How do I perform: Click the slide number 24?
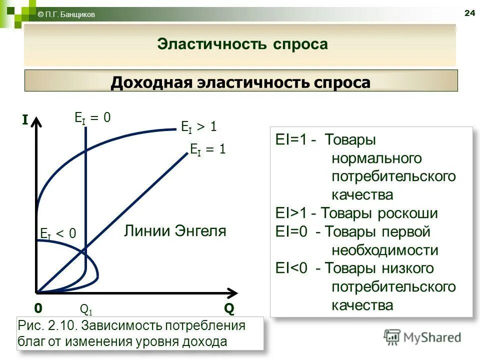[x=469, y=13]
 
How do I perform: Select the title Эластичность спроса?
[x=242, y=44]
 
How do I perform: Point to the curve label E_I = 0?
[x=92, y=118]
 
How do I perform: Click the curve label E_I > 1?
[x=198, y=127]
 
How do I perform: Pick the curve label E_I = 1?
[x=208, y=149]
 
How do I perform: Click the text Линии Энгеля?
[x=175, y=231]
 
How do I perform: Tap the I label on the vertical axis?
[x=24, y=119]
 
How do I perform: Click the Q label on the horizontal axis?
[x=228, y=308]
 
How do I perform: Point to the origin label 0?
[x=38, y=307]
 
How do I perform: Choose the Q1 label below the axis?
[x=86, y=309]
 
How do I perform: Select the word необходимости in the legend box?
[x=384, y=250]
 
